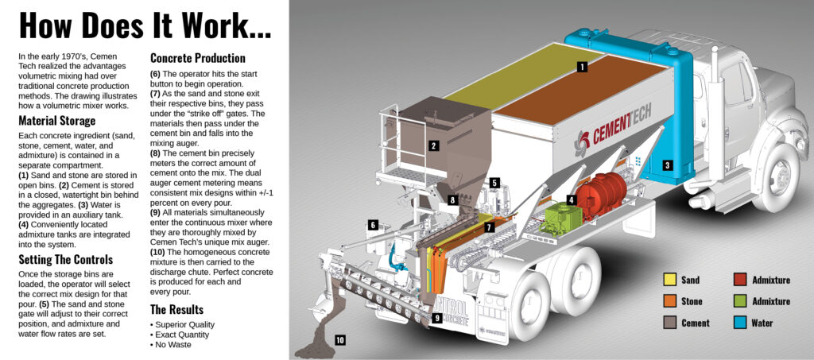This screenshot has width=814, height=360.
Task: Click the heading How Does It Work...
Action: click(144, 25)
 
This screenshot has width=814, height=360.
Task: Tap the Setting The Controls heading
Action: click(65, 260)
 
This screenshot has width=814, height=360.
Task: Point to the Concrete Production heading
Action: click(198, 59)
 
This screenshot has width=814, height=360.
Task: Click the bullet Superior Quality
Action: click(184, 325)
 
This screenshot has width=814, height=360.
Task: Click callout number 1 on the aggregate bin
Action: click(582, 68)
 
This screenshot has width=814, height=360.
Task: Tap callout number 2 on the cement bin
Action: click(433, 145)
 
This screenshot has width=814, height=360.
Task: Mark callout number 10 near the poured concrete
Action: click(339, 340)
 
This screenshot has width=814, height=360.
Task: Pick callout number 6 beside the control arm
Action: click(373, 225)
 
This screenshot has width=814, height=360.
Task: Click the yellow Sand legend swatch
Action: click(670, 280)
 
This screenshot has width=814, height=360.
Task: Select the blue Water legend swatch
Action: click(738, 323)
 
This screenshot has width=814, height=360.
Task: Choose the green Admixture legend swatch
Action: click(738, 301)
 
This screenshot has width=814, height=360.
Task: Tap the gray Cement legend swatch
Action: click(670, 323)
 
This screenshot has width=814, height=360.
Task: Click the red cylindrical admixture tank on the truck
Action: click(601, 195)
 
